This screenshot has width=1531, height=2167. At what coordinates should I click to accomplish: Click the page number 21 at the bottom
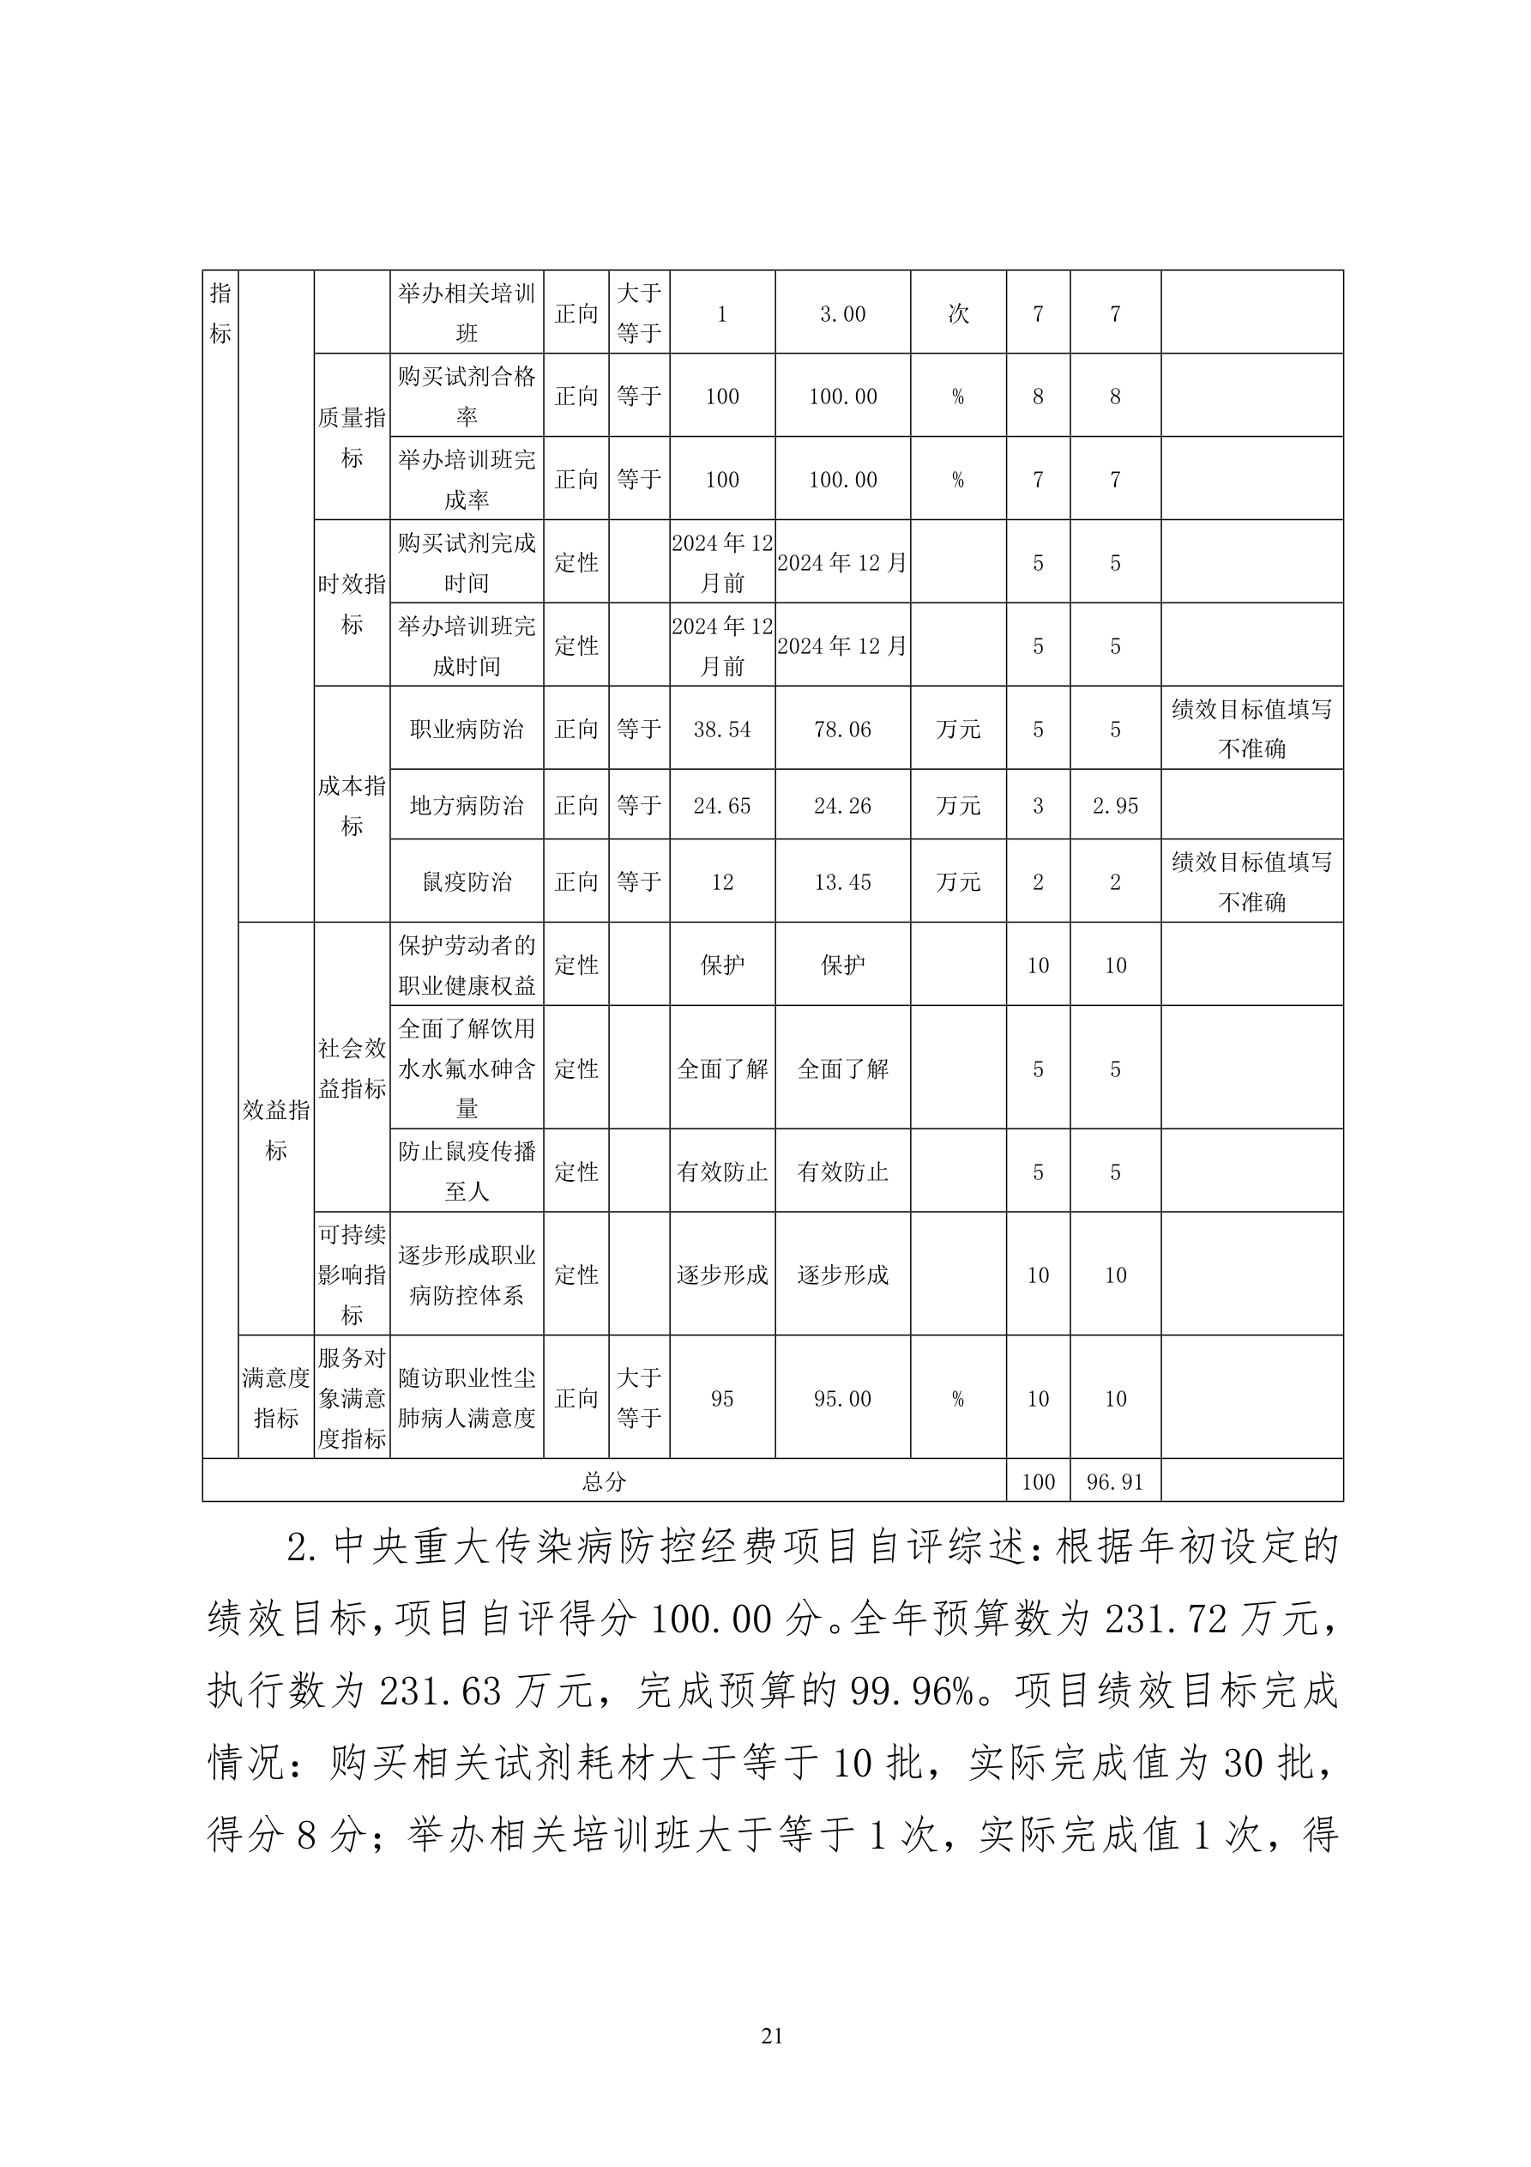click(x=771, y=2063)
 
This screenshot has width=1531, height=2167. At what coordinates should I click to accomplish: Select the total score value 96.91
click(x=1114, y=1482)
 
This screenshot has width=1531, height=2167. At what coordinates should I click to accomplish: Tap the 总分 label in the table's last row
click(x=604, y=1482)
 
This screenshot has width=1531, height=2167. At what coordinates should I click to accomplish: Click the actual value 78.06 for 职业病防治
click(x=842, y=729)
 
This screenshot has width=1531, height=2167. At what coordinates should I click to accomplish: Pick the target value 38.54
click(x=721, y=729)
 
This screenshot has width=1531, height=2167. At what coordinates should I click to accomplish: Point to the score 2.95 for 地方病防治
click(x=1115, y=806)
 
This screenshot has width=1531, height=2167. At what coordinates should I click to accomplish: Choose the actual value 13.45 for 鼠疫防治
click(x=842, y=882)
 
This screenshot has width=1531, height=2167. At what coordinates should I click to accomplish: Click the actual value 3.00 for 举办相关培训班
click(x=842, y=314)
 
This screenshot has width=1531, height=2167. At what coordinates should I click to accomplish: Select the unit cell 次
click(x=957, y=314)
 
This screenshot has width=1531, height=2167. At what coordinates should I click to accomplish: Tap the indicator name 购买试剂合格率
click(x=466, y=396)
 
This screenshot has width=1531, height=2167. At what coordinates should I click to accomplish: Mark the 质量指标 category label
click(x=351, y=437)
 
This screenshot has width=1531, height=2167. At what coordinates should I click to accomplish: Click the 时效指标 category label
click(x=351, y=604)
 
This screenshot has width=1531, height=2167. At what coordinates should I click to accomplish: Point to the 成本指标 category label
click(x=351, y=805)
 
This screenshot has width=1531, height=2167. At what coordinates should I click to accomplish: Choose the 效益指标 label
click(x=275, y=1129)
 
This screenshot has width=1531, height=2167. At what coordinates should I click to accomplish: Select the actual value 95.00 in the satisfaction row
click(x=842, y=1399)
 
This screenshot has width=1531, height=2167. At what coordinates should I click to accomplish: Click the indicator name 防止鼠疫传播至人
click(x=466, y=1171)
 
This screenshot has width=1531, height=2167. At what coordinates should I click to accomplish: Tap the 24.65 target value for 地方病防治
click(x=721, y=806)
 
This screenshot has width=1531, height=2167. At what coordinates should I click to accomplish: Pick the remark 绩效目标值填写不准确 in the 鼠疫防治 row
click(x=1251, y=881)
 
